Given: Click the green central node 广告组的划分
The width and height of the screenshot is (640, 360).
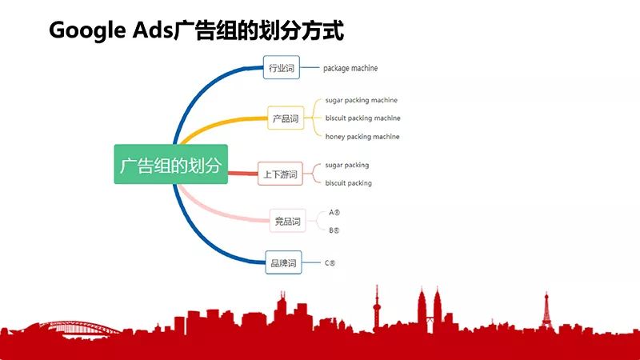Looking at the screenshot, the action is click(170, 164).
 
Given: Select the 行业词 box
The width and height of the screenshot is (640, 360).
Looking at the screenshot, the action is click(282, 67).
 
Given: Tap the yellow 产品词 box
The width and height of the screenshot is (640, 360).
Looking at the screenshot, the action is click(286, 118).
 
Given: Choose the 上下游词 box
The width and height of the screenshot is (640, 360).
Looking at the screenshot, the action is click(280, 174).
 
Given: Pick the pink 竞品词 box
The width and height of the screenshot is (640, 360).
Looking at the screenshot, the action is click(287, 221).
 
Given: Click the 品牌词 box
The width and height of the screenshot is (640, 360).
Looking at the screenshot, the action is click(283, 262).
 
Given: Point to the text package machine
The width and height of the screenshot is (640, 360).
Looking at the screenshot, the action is click(350, 68).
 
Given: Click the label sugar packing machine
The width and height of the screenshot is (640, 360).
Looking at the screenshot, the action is click(362, 100).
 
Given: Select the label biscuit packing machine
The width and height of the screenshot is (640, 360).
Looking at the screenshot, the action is click(362, 118).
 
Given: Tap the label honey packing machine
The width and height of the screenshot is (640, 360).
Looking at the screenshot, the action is click(362, 136).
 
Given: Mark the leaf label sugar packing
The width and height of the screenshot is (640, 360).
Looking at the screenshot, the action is click(347, 165).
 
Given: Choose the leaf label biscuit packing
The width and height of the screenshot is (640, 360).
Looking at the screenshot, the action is click(348, 183).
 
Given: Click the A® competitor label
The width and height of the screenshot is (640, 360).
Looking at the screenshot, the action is click(334, 212).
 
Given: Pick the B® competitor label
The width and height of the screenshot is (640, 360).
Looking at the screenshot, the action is click(334, 230).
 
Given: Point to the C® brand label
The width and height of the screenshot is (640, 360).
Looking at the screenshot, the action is click(330, 263).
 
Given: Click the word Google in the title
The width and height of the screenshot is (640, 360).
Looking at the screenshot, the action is click(87, 30).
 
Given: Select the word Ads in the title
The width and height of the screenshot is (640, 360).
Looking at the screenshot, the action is click(152, 30).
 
